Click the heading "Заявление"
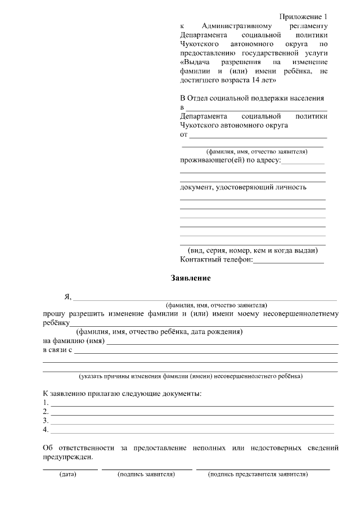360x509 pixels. pyautogui.click(x=191, y=278)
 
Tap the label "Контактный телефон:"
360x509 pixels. pyautogui.click(x=217, y=260)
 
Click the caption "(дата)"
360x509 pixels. pyautogui.click(x=67, y=474)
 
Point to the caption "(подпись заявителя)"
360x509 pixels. pyautogui.click(x=146, y=474)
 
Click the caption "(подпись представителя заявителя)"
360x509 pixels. pyautogui.click(x=258, y=474)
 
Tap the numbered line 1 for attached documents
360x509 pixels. pyautogui.click(x=192, y=404)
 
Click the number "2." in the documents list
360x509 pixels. pyautogui.click(x=46, y=412)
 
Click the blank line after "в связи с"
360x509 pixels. pyautogui.click(x=205, y=352)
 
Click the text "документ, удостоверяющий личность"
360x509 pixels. pyautogui.click(x=243, y=187)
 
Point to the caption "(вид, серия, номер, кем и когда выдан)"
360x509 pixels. pyautogui.click(x=253, y=250)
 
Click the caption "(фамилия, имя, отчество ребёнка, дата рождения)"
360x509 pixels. pyautogui.click(x=160, y=332)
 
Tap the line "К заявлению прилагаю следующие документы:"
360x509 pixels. pyautogui.click(x=122, y=393)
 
